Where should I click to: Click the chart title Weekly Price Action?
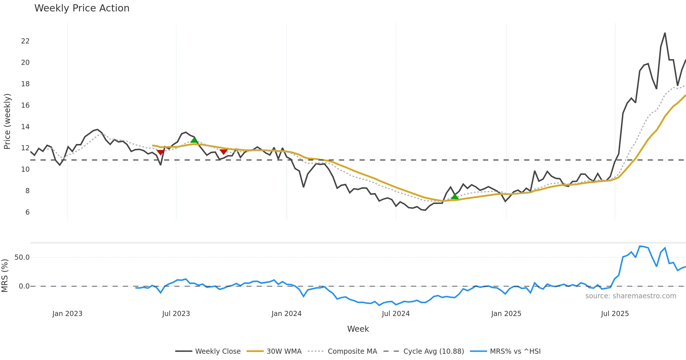click(x=82, y=8)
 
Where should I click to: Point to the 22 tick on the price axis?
click(x=25, y=41)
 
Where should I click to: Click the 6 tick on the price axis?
click(x=27, y=212)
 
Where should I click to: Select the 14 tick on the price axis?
click(x=25, y=127)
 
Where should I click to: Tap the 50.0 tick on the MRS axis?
click(x=22, y=257)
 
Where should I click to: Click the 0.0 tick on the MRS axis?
click(x=24, y=286)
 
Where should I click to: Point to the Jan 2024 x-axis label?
click(x=286, y=314)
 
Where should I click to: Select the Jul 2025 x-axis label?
click(x=615, y=314)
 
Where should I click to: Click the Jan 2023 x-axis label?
click(x=67, y=314)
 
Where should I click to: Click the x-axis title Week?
click(x=358, y=329)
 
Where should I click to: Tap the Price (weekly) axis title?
click(x=7, y=121)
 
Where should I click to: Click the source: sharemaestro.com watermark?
click(x=631, y=296)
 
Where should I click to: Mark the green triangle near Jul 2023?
click(x=194, y=140)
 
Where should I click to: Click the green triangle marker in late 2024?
click(x=455, y=197)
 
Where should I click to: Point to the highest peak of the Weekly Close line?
click(x=665, y=33)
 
